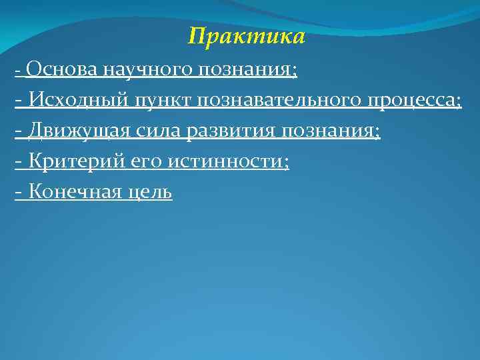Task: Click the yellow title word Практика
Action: coord(247,36)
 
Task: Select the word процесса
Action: coord(411,101)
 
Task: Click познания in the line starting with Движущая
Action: coord(327,132)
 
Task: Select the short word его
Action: coord(139,163)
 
